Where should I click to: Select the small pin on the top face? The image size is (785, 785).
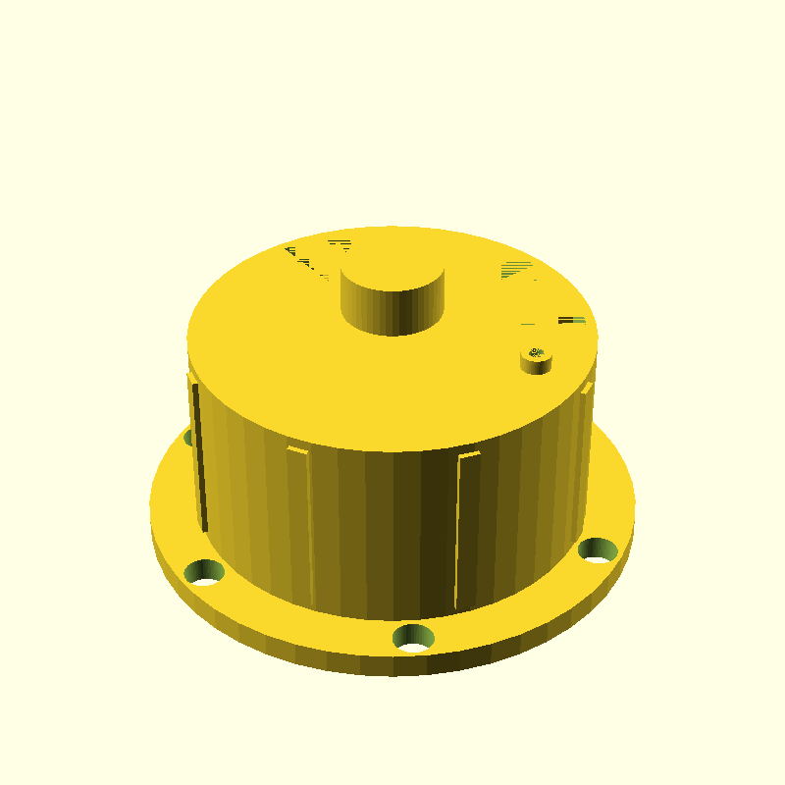point(536,362)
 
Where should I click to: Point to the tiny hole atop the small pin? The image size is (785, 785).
point(536,351)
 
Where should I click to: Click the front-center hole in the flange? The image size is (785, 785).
point(413,639)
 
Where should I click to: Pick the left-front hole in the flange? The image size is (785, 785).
point(205,572)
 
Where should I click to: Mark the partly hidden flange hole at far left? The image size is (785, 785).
point(189,437)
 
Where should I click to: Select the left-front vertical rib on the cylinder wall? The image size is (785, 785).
point(300,520)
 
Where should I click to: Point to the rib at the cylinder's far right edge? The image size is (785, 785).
point(586,412)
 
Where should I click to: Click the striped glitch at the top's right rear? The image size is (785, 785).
point(516,267)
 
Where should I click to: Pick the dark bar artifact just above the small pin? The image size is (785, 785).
point(571,320)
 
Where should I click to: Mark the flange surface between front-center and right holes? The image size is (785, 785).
point(510,613)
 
